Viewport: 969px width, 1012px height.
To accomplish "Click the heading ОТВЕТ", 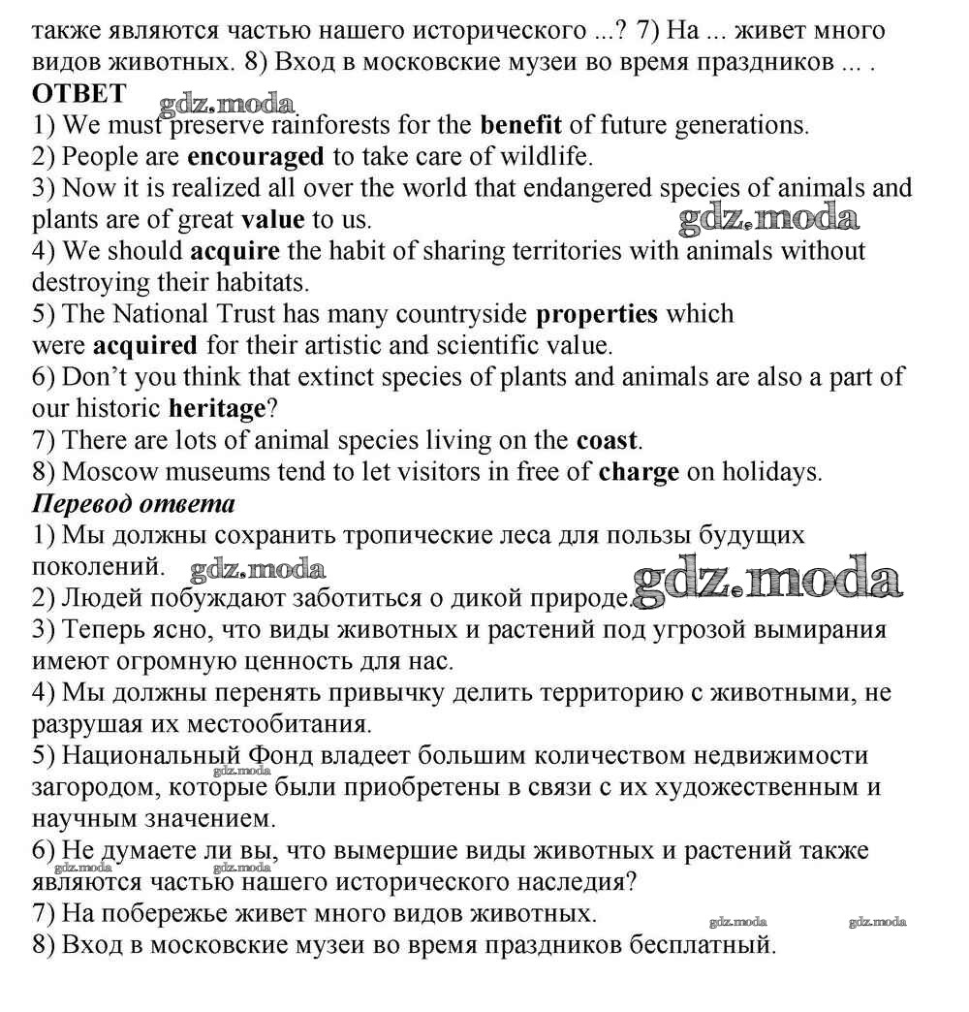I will click(78, 94).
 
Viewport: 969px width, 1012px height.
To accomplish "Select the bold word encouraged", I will click(255, 156).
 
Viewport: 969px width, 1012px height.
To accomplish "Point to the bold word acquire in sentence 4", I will click(234, 251).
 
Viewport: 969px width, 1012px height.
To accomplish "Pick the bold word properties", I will click(597, 314).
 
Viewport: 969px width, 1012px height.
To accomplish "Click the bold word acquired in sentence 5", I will click(144, 345).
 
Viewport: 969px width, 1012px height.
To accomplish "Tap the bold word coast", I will click(607, 441).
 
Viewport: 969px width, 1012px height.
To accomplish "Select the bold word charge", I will click(640, 473).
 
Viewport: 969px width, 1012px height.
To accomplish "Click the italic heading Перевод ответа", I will click(134, 504).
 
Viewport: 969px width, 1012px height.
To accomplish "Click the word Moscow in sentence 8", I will click(109, 473).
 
